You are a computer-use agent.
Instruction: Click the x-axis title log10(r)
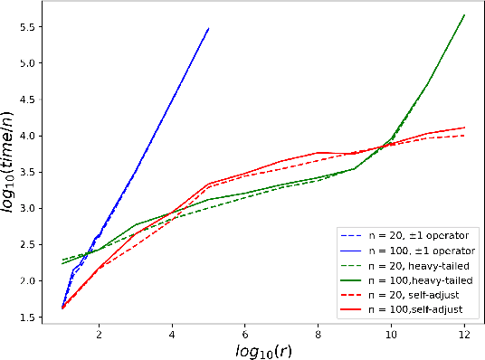[x=263, y=349]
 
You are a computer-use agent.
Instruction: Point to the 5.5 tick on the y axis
[x=27, y=27]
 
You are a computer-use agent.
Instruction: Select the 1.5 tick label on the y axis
[x=27, y=317]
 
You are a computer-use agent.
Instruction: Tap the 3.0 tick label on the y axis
[x=27, y=209]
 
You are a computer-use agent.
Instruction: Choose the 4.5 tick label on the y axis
[x=27, y=99]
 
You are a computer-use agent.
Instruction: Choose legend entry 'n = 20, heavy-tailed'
[x=408, y=265]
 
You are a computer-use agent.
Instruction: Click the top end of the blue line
[x=209, y=28]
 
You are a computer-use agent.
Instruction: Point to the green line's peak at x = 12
[x=464, y=14]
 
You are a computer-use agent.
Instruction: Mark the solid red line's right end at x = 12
[x=464, y=128]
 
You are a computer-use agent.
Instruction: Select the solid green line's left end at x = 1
[x=62, y=263]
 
